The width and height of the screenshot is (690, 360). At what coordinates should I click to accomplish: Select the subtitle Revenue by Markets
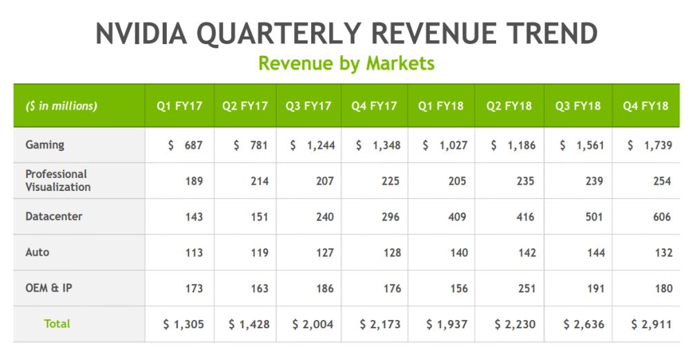346,63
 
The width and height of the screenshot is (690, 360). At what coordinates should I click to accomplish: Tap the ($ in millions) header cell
61,106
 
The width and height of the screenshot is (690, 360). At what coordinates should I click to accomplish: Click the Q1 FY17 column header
179,106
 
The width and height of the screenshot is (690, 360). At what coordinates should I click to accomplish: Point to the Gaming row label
45,145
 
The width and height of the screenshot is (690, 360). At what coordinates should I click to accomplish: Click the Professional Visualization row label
58,181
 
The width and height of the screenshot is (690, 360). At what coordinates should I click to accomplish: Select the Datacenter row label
54,217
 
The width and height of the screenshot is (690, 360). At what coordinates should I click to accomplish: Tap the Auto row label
37,252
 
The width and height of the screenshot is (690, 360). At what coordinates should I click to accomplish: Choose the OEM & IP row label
49,288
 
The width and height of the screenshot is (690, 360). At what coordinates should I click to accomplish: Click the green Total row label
57,323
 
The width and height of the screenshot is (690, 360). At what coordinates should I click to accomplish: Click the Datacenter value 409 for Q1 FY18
456,217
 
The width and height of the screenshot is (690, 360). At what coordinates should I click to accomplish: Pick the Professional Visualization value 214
259,181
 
